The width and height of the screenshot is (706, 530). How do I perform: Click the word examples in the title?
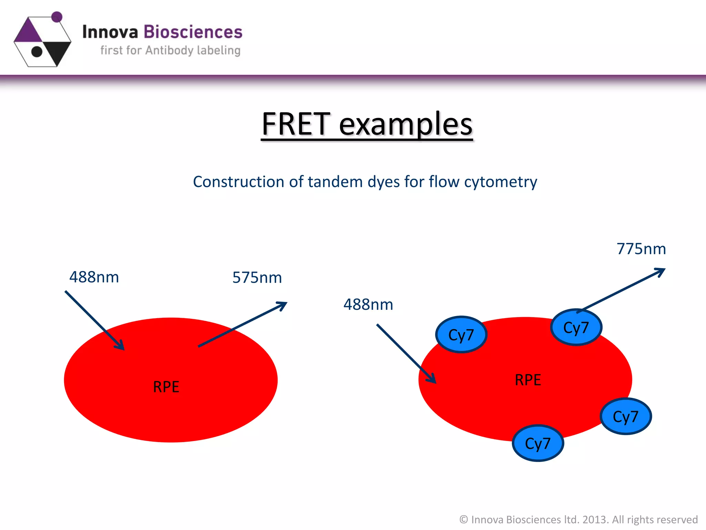click(x=406, y=125)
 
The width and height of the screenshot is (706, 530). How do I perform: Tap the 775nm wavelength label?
click(x=641, y=249)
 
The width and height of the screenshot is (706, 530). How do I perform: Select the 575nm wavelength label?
click(x=257, y=277)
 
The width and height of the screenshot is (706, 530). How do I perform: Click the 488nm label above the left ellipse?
click(x=94, y=277)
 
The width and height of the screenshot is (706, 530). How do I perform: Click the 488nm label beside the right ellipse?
click(x=368, y=304)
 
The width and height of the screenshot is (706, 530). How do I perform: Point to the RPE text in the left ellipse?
click(x=166, y=387)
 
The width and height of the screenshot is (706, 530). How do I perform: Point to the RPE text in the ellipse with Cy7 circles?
click(x=528, y=380)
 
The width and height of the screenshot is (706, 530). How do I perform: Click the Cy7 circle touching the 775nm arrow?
click(x=576, y=327)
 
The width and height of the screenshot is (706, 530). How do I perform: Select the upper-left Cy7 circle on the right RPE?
click(x=461, y=335)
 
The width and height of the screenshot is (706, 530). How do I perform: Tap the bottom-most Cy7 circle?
click(x=538, y=443)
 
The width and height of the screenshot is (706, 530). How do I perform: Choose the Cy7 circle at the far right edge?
click(x=626, y=416)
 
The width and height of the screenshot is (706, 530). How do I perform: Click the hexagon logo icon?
click(x=42, y=41)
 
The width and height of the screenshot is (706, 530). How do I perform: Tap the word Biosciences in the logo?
click(x=193, y=32)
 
